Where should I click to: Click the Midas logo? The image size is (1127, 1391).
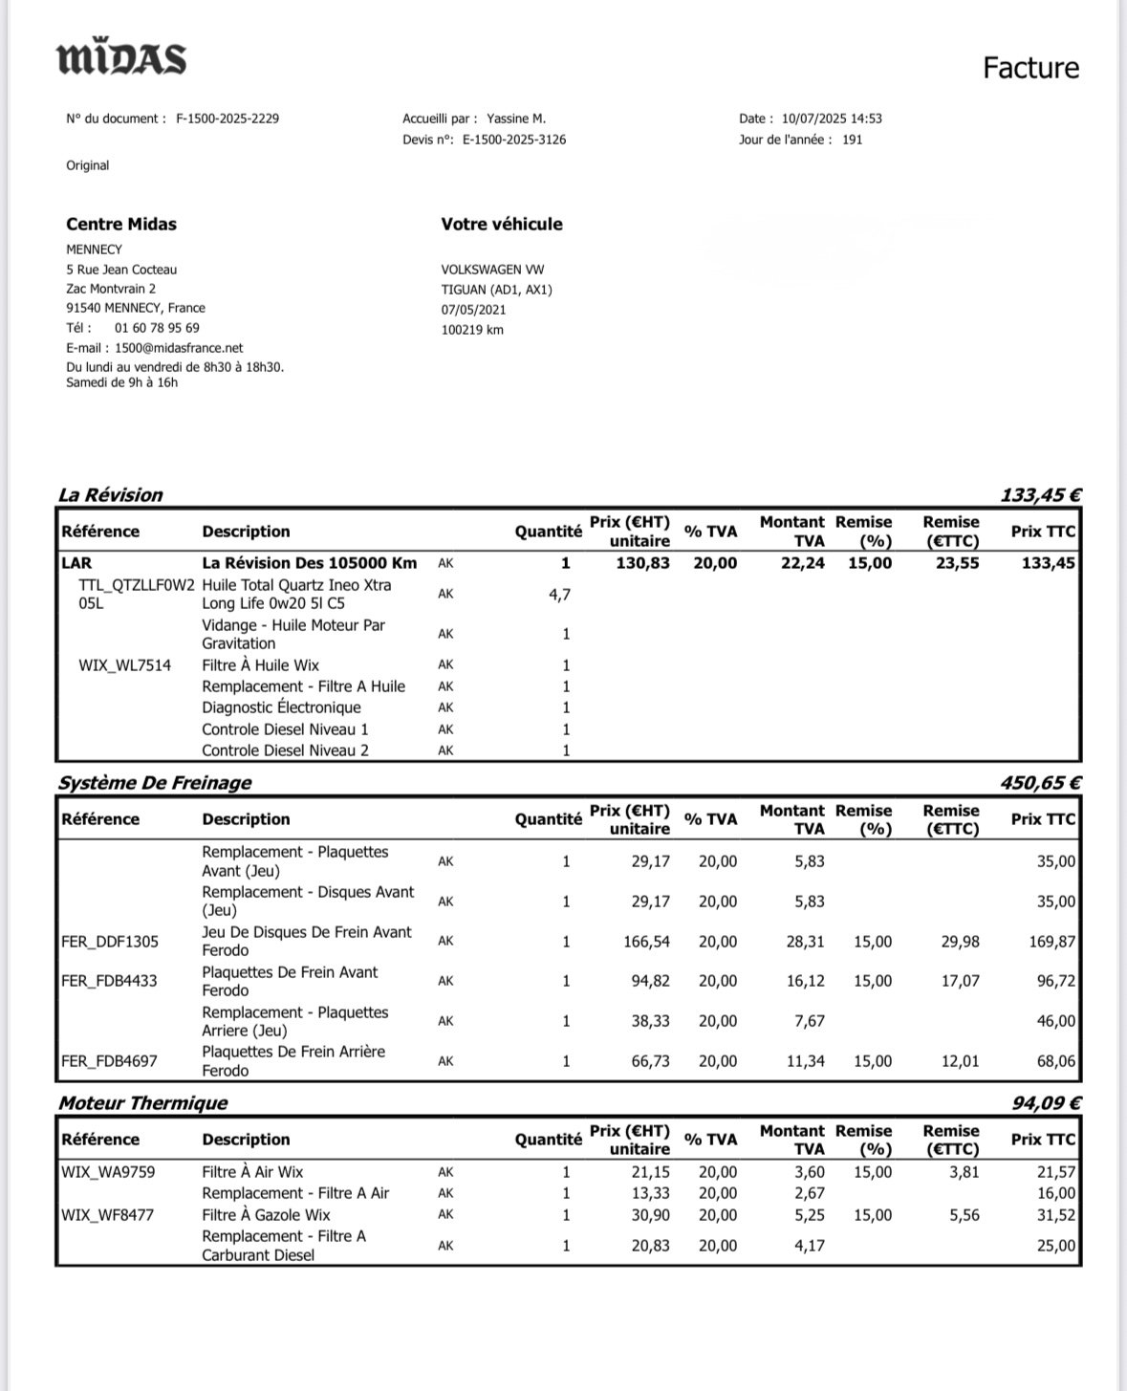[122, 58]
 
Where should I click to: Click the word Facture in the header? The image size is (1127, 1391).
[1030, 68]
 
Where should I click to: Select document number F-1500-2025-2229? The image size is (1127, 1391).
[228, 120]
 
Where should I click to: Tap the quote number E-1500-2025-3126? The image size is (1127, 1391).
[514, 140]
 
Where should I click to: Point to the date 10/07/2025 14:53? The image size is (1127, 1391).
[832, 120]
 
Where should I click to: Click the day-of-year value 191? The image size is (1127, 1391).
[852, 140]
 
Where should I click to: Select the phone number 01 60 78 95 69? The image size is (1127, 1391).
[157, 328]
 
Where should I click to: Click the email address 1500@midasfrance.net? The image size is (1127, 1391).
[179, 348]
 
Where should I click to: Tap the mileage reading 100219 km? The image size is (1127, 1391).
[472, 330]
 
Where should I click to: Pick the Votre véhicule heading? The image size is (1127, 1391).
[502, 225]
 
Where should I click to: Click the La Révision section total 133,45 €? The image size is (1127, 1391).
[1041, 495]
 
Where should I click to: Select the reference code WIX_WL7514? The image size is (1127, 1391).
[124, 665]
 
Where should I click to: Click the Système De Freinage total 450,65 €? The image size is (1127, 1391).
[1041, 783]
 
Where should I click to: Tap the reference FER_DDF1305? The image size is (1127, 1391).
[110, 942]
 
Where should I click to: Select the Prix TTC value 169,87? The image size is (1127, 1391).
[1051, 942]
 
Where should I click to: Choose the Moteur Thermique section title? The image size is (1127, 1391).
[143, 1103]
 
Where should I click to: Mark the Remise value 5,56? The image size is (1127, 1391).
[960, 1215]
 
